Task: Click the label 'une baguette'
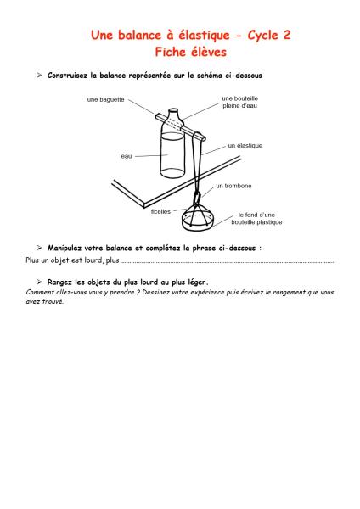coord(105,99)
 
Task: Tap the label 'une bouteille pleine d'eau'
coord(239,102)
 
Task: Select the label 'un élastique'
coord(245,146)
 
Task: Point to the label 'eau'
coord(127,156)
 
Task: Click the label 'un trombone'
coord(233,186)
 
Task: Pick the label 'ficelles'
coord(160,211)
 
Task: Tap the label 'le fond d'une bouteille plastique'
coord(256,219)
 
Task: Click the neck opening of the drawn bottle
coord(173,110)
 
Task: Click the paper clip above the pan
coord(197,199)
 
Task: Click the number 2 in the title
coord(286,35)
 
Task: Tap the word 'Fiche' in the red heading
coord(170,52)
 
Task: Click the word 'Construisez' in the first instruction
coord(68,76)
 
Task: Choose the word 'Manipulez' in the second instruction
coord(65,249)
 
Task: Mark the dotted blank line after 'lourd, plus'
coord(228,262)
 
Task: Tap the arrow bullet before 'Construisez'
coord(39,76)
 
